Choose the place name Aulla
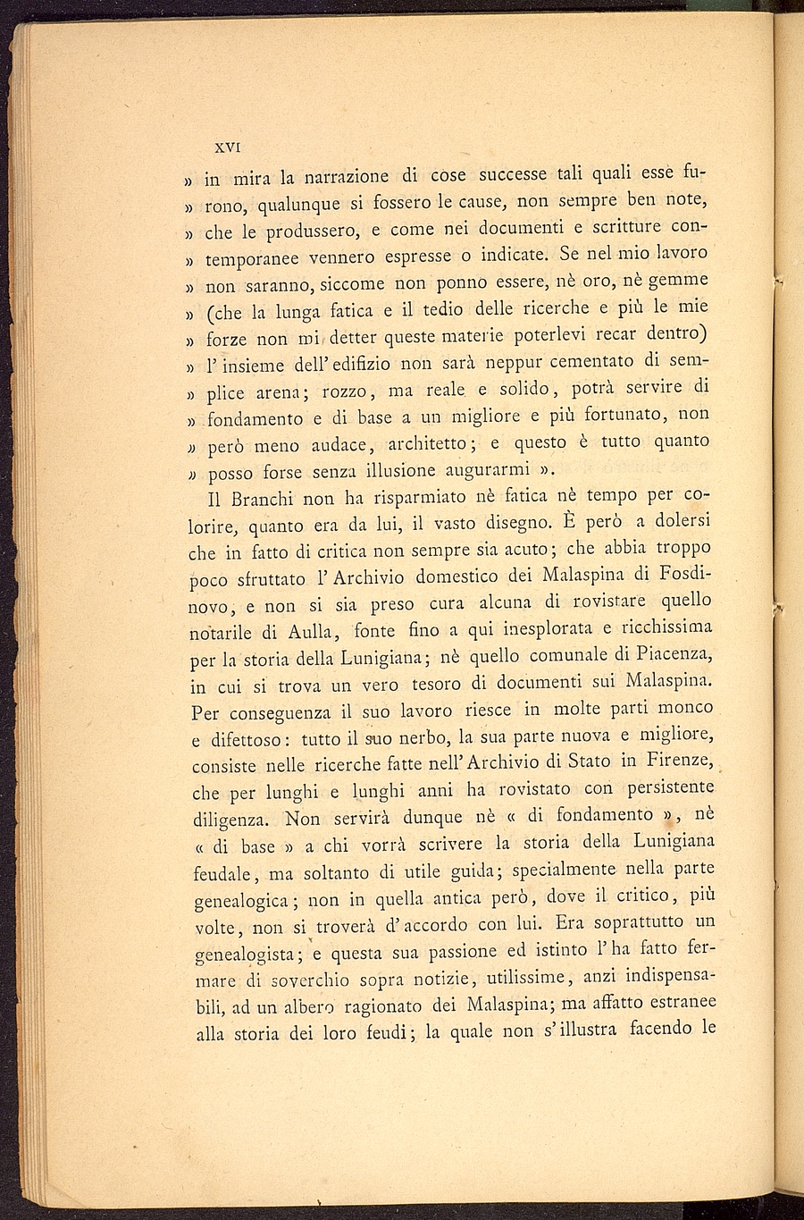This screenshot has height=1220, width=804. point(306,633)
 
